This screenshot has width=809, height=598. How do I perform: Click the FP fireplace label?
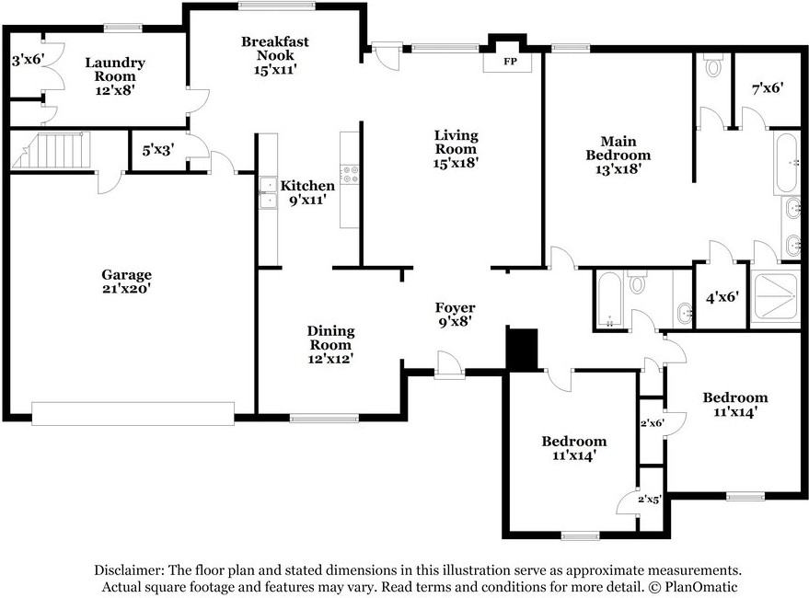(x=510, y=62)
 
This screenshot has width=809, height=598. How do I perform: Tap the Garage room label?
(x=126, y=282)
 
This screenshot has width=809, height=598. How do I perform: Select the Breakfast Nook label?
(x=275, y=55)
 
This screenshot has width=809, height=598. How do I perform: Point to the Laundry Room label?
(x=115, y=76)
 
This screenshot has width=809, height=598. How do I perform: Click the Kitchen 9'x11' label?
(x=307, y=192)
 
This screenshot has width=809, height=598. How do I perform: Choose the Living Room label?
(x=457, y=149)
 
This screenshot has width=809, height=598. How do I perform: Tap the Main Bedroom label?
(x=618, y=155)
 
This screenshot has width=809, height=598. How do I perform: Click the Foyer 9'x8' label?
(x=455, y=315)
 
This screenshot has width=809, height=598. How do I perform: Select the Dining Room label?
(x=330, y=345)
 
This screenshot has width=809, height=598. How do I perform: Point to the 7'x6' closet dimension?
(x=768, y=88)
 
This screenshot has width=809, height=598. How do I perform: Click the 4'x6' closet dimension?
(x=722, y=297)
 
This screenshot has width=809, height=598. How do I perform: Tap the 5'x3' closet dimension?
(x=158, y=150)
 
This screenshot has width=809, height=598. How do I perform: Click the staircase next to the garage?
(x=51, y=151)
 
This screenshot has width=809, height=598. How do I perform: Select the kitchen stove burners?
(x=350, y=174)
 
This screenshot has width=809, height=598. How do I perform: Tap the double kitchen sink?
(x=268, y=193)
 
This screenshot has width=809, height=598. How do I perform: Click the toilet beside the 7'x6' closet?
(x=713, y=65)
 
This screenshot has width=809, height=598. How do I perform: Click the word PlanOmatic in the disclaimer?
(x=701, y=587)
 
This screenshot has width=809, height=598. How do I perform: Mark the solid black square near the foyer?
(x=523, y=349)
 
